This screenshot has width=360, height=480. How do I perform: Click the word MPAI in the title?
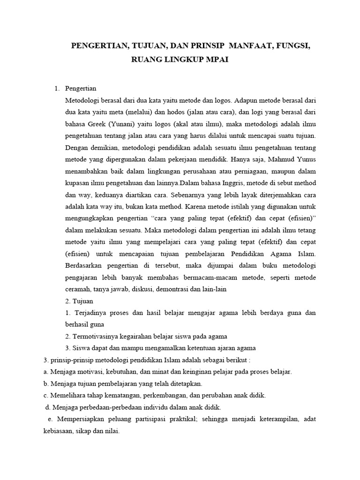(214, 60)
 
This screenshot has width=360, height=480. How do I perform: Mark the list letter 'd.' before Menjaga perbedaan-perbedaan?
(46, 407)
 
